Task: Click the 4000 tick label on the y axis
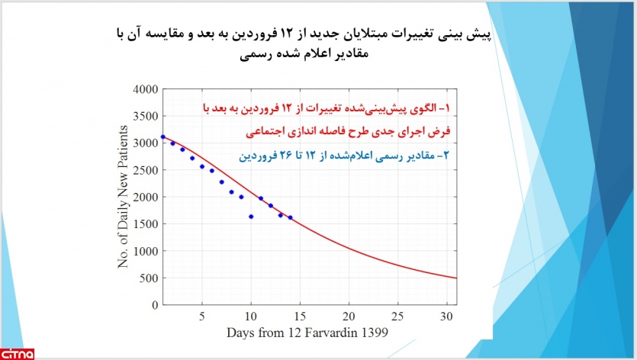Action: [146, 89]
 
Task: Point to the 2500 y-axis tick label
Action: [146, 170]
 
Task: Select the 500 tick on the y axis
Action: [148, 278]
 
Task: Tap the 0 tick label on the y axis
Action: [155, 305]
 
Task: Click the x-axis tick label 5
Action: [202, 317]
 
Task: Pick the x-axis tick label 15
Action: [300, 317]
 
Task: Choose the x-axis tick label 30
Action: [446, 317]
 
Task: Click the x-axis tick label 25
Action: [397, 317]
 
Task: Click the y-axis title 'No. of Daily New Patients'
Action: [123, 197]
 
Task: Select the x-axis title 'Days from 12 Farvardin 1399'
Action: [307, 333]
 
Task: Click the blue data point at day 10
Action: [251, 217]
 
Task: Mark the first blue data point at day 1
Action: [163, 137]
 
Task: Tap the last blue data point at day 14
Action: [290, 218]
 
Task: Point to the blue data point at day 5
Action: [202, 166]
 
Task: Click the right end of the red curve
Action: [457, 278]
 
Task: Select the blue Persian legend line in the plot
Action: [344, 156]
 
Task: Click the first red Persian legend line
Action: [327, 108]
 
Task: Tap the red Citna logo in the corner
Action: [18, 354]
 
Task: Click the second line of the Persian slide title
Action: [304, 54]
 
